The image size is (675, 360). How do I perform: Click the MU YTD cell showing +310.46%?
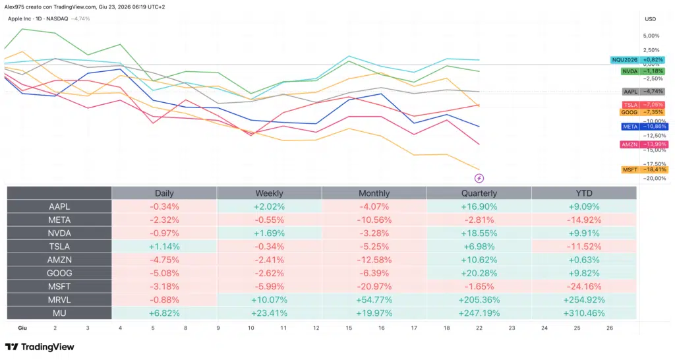(584, 313)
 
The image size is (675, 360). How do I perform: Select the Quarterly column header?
(479, 193)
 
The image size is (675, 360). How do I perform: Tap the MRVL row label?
(59, 300)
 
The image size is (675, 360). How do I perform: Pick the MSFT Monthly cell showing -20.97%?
(374, 286)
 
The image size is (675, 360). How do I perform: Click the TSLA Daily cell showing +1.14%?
(164, 247)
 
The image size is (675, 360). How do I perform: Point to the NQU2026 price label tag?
(638, 60)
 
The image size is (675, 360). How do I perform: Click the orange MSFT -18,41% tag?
(645, 169)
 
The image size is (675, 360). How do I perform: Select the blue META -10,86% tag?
(645, 127)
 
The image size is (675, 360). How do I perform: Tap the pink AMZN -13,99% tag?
(644, 144)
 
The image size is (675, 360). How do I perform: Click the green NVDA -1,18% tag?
(643, 71)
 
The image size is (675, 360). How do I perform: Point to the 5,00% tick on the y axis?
(651, 36)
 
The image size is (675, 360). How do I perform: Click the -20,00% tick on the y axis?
(655, 178)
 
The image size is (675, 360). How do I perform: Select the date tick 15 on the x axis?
(349, 328)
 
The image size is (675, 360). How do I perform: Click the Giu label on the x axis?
(22, 328)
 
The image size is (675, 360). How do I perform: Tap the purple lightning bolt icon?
(479, 178)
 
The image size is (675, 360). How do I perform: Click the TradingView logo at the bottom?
(40, 347)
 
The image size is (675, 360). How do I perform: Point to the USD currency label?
(651, 19)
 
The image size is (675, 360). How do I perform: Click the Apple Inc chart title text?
(19, 19)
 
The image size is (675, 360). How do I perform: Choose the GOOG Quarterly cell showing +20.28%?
(479, 273)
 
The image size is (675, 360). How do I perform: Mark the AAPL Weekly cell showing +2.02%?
(269, 206)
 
